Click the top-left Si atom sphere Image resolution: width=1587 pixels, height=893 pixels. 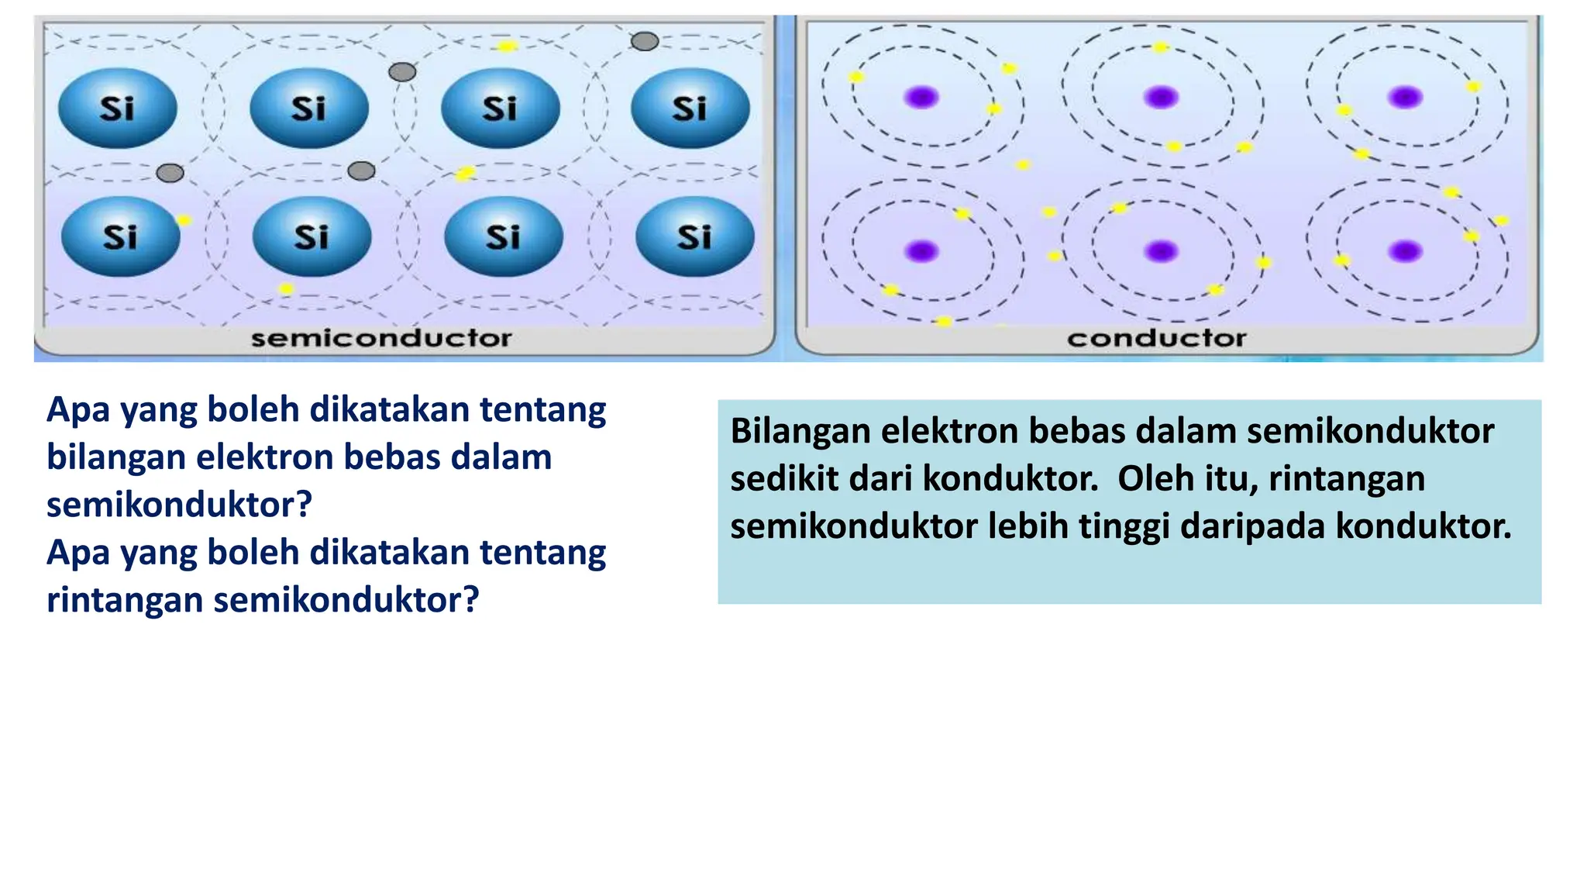118,108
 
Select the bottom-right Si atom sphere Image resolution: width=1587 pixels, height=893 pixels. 694,236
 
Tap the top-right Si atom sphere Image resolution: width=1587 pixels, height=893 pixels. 690,108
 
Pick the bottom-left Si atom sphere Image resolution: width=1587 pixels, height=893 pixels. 120,236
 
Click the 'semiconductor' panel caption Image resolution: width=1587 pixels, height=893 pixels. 381,338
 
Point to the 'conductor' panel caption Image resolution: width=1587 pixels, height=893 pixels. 1156,338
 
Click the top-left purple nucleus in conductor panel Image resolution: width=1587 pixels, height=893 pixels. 921,98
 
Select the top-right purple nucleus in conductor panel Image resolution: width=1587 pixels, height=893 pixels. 1405,98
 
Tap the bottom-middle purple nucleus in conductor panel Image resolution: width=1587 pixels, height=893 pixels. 1161,251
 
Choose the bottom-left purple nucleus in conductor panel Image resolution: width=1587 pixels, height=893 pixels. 921,251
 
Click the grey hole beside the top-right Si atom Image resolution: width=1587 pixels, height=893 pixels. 645,41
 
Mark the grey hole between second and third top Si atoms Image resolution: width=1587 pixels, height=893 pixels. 402,72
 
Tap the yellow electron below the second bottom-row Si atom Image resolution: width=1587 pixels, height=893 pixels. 286,289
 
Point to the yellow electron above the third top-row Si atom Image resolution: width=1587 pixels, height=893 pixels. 507,47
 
